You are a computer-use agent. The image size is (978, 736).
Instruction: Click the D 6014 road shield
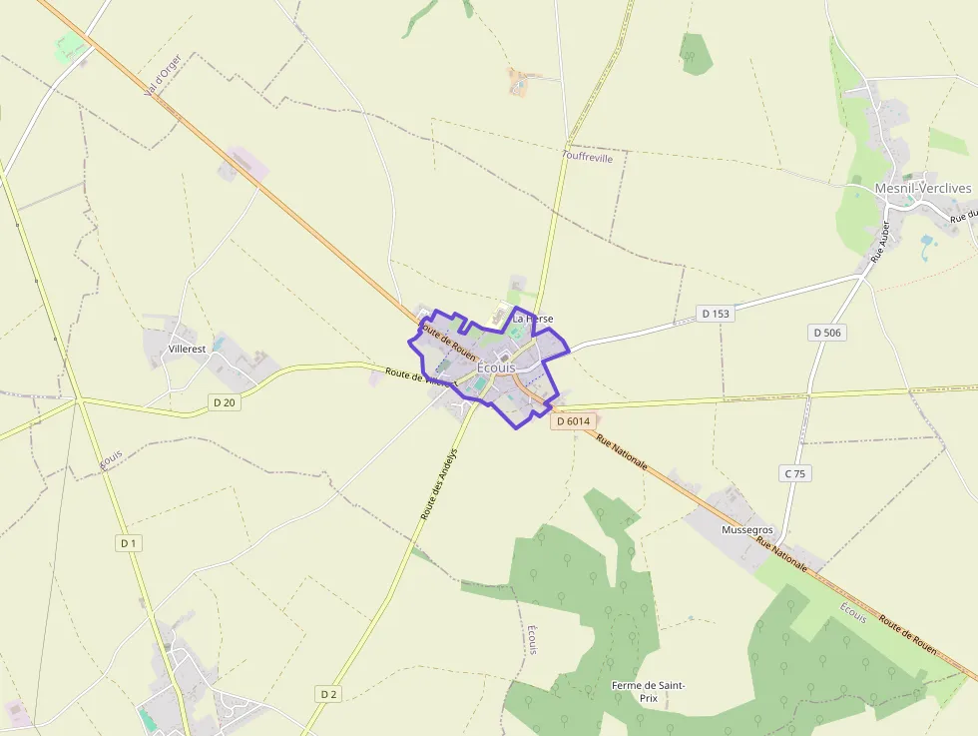(574, 421)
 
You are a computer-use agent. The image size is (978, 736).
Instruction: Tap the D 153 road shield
(716, 314)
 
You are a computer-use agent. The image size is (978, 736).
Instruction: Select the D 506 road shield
(828, 333)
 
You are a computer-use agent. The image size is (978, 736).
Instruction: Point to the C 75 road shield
(793, 473)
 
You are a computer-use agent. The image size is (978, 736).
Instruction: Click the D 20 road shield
(225, 402)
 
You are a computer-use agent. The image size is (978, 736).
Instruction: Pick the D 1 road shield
(127, 543)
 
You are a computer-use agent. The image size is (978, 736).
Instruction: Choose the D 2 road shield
(329, 693)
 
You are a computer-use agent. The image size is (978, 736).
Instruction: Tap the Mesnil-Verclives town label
(923, 188)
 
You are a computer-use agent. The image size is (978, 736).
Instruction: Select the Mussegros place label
(747, 529)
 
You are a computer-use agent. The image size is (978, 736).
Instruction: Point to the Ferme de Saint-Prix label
(649, 691)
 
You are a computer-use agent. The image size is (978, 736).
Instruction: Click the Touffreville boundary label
(588, 157)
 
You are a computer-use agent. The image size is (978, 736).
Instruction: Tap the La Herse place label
(532, 319)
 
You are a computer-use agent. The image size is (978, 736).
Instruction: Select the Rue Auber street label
(879, 242)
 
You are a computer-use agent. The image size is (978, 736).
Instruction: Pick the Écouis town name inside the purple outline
(497, 368)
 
